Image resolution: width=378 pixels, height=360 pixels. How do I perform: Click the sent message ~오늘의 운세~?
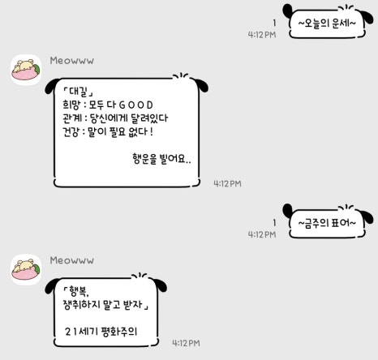pos(327,24)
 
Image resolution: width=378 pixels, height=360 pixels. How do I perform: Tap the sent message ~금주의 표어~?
pos(327,223)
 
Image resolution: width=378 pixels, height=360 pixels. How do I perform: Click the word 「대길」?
pos(78,92)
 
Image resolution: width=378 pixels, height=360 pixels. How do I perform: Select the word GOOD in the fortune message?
pos(136,105)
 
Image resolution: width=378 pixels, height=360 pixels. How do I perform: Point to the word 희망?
pos(71,105)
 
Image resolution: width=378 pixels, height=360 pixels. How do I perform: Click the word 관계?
pos(71,118)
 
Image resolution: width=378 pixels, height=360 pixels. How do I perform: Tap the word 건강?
pos(71,131)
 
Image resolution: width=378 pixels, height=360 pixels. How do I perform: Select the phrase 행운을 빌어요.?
pos(161,159)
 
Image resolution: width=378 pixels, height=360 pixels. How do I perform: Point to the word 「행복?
pos(76,291)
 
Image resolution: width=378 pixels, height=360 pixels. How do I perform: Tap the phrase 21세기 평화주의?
pos(101,332)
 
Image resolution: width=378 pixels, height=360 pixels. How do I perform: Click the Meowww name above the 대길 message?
pos(72,61)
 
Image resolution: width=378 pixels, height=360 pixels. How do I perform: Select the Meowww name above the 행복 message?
pos(72,260)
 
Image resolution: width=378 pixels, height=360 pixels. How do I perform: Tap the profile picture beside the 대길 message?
pos(26,70)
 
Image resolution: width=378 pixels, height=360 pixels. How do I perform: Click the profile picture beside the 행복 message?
pos(26,270)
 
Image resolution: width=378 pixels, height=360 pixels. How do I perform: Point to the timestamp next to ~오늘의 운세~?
pos(262,35)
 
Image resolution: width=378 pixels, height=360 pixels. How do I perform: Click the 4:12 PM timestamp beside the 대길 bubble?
pos(227,184)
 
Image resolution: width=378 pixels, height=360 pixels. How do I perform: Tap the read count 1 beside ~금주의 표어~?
pos(274,223)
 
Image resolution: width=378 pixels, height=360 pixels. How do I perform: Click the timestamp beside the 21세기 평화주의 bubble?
pos(187,343)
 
